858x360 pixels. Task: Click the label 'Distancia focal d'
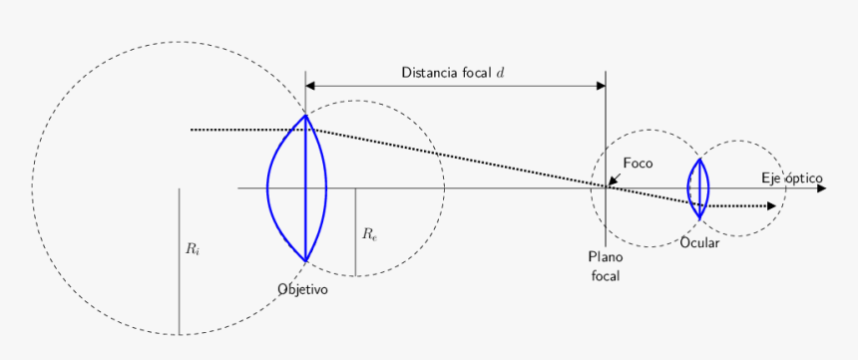pos(453,73)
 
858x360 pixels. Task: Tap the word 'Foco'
pos(639,163)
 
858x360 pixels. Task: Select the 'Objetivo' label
pos(303,288)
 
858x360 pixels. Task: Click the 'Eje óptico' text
pos(792,178)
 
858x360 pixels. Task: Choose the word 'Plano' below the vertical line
pos(605,257)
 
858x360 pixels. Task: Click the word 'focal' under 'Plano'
pos(605,275)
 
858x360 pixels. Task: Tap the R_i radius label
pos(193,249)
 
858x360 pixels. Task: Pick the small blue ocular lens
pos(699,187)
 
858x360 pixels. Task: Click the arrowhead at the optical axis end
pos(821,187)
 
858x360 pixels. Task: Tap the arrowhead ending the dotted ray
pos(771,206)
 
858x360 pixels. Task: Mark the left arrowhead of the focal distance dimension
pos(310,86)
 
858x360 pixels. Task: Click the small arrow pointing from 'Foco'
pos(614,180)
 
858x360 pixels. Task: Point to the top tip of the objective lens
pos(305,116)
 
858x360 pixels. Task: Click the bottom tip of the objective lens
pos(305,260)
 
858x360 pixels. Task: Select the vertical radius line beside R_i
pos(179,259)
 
